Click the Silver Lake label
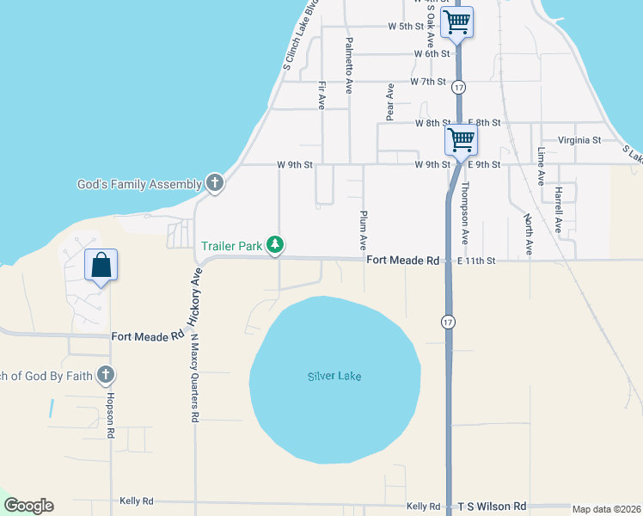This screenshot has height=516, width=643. [x=334, y=377]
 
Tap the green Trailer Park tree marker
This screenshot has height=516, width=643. [x=275, y=246]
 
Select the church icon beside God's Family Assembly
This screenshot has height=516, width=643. [x=215, y=183]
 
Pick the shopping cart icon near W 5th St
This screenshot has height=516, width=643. [x=457, y=22]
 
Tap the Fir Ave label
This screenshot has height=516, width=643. [x=321, y=95]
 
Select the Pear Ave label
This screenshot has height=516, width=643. [x=390, y=101]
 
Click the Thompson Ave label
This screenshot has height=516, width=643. [x=465, y=213]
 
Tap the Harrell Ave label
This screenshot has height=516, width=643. [x=558, y=210]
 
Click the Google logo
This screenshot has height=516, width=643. [x=28, y=506]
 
